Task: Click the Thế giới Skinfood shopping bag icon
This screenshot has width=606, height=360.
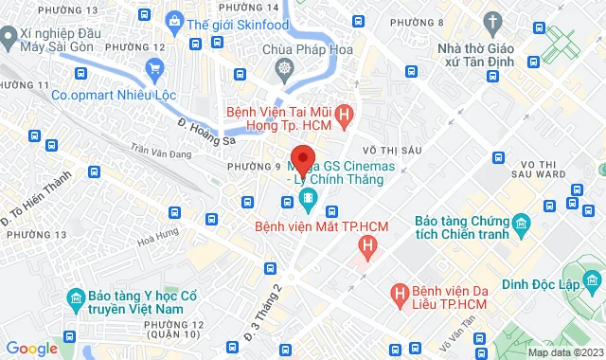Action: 174,20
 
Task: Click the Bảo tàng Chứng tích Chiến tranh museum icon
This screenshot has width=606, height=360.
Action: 521,225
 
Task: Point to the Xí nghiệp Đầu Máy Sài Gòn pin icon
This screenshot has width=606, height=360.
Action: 8,38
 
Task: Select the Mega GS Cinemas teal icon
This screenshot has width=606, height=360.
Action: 308,198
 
